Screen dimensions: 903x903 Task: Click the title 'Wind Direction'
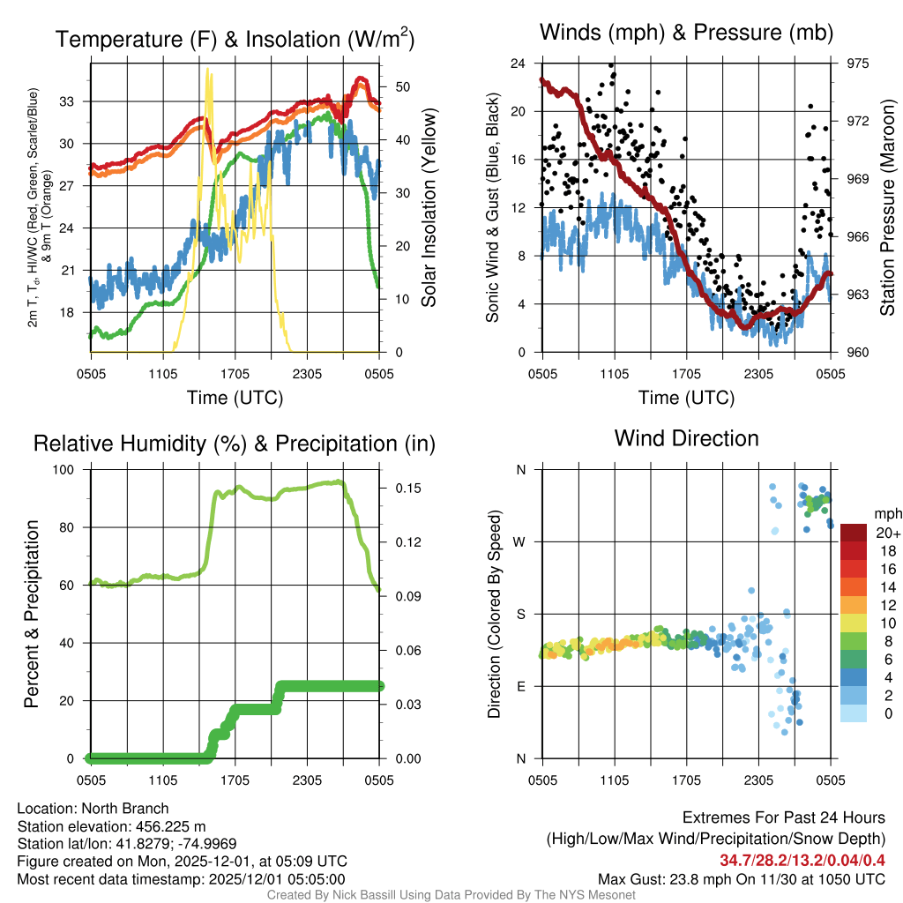(x=686, y=438)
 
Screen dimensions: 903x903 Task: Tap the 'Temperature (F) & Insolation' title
(x=235, y=39)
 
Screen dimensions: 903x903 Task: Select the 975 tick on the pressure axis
(x=858, y=63)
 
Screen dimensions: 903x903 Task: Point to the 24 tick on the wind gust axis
(x=519, y=63)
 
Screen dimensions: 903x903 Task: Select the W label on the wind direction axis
(x=521, y=541)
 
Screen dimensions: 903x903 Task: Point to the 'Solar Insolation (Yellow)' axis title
(x=429, y=208)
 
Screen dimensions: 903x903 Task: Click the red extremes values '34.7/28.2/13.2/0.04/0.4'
(x=802, y=860)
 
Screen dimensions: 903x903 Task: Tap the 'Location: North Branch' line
(x=93, y=809)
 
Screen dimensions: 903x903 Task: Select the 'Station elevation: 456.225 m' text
(x=111, y=826)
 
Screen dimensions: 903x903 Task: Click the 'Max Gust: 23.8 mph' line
(x=741, y=878)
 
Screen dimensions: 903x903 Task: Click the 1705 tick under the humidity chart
(x=235, y=779)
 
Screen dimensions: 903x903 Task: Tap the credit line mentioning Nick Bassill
(x=451, y=895)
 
